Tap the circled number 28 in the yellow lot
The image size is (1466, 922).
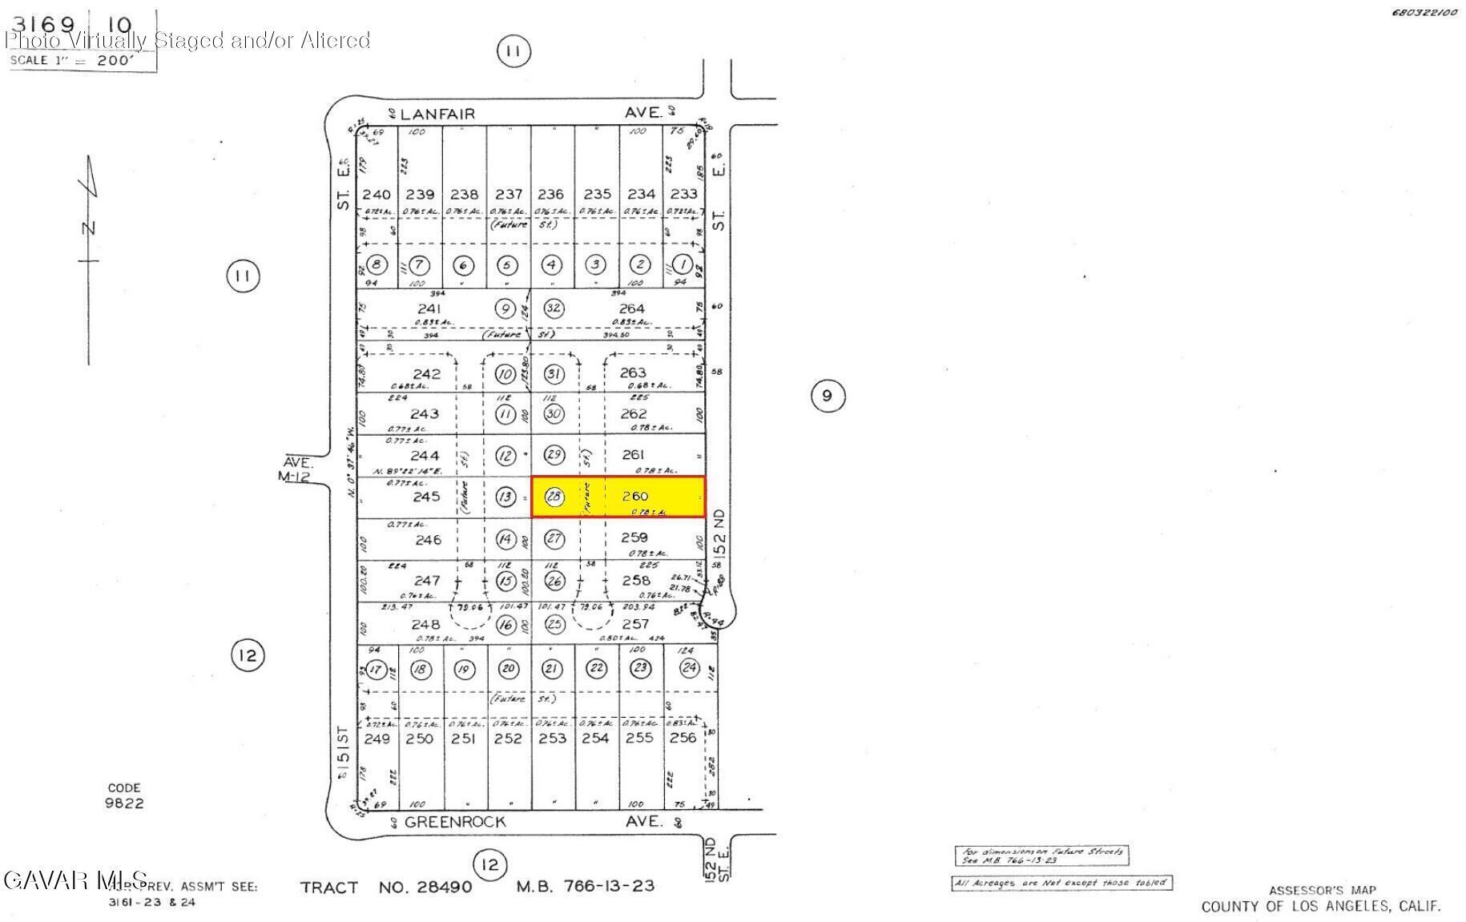point(554,497)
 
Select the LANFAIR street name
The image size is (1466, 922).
point(437,114)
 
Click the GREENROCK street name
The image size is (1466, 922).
point(455,822)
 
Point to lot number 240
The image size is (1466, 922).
point(377,194)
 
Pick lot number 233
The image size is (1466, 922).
point(683,194)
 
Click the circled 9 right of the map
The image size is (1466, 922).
point(828,395)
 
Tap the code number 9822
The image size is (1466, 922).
point(124,803)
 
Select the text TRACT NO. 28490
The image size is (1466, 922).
point(386,887)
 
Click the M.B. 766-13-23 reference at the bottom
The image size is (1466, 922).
point(585,886)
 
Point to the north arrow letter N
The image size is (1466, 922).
point(89,227)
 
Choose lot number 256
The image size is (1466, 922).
point(683,738)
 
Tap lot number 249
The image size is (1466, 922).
point(377,738)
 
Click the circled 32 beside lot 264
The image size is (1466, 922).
point(554,308)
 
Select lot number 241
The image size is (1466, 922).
point(429,308)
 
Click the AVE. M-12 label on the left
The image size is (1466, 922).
point(296,469)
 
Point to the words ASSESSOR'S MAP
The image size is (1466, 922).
point(1322,890)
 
